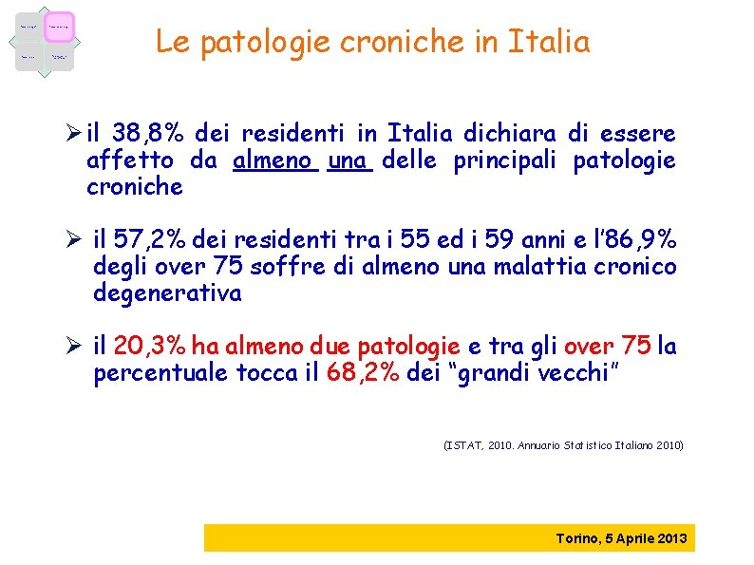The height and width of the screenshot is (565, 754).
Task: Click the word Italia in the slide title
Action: pos(549,43)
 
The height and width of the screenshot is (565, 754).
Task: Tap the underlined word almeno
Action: pos(273,160)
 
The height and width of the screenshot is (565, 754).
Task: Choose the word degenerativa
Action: pos(167,293)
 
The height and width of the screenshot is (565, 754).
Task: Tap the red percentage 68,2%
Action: pos(363,373)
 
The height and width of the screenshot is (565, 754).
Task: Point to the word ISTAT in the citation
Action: pos(463,444)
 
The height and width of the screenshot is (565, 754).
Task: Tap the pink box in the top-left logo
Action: pos(59,27)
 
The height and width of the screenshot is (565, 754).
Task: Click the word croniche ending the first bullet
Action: pos(134,187)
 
